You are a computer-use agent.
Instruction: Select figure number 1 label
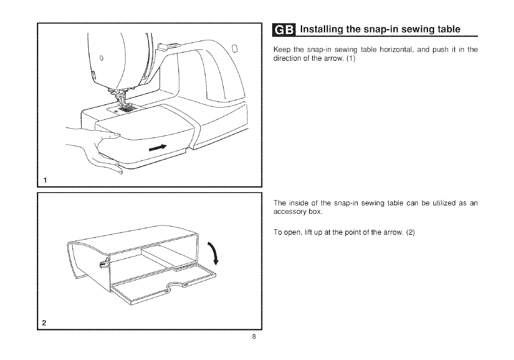(44, 179)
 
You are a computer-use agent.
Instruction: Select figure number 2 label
(44, 322)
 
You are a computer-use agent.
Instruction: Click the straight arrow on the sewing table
(158, 148)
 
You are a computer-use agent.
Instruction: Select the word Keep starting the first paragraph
(281, 50)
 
